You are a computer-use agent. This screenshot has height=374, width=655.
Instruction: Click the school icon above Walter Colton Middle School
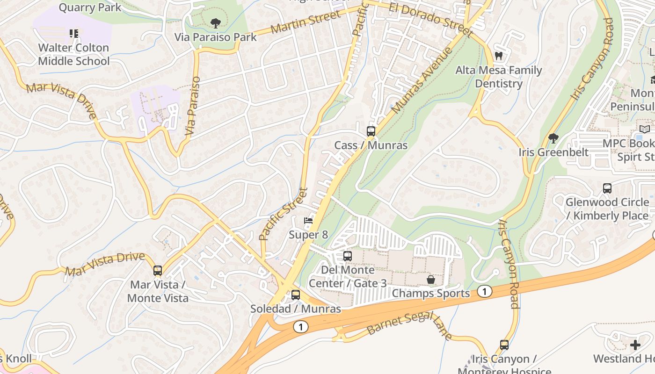(x=74, y=34)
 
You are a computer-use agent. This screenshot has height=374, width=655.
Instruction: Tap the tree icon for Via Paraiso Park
(x=215, y=23)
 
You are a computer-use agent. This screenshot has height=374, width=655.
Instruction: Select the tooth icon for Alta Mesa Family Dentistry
(x=499, y=56)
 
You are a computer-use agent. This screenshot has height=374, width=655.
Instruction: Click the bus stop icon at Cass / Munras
(x=371, y=131)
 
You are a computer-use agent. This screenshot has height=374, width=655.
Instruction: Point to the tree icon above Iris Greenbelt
(x=553, y=138)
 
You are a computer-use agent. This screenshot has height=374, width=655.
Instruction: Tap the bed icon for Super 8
(x=308, y=221)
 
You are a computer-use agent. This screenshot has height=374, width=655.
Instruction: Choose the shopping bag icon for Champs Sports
(x=430, y=280)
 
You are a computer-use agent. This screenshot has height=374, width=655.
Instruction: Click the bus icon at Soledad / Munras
(x=295, y=295)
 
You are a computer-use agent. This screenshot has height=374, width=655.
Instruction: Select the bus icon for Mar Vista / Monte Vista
(x=158, y=271)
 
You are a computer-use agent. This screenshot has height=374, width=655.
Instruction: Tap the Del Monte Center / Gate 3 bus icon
(x=347, y=256)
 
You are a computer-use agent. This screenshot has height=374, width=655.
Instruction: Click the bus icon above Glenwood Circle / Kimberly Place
(x=607, y=188)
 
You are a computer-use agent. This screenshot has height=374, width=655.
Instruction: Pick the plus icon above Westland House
(x=635, y=345)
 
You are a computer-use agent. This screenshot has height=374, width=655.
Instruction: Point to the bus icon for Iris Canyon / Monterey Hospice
(x=504, y=345)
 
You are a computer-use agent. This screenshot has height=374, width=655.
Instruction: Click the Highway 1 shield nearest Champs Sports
(x=485, y=292)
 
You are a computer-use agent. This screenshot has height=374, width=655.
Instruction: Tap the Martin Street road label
(x=306, y=22)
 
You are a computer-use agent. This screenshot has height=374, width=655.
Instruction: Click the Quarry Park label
(x=90, y=7)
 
